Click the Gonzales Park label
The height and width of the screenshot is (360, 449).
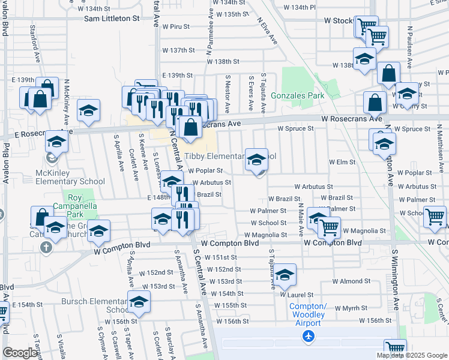pos(297,95)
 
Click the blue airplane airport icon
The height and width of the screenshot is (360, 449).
pos(309,337)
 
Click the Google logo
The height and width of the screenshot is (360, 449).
pos(20,353)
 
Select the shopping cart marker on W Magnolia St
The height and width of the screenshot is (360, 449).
pos(329,227)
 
